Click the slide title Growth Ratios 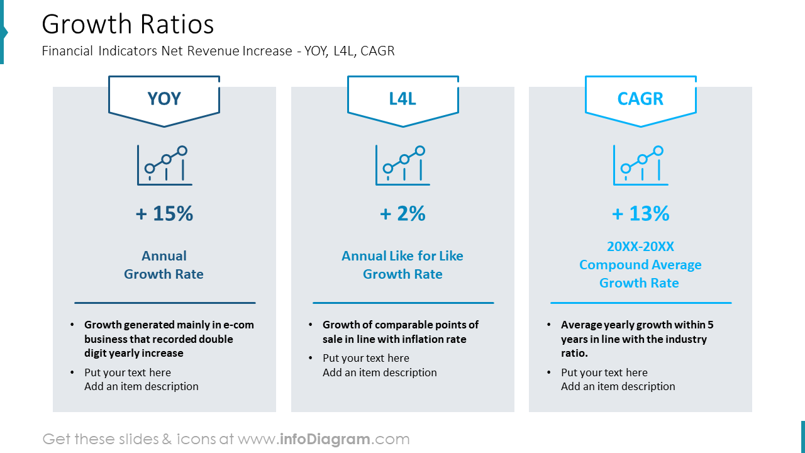pos(128,25)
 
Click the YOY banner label pos(164,99)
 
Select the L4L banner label pos(402,99)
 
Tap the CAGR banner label pos(640,99)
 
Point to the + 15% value pos(164,214)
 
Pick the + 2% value pos(402,214)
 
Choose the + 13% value pos(640,214)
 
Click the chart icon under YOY pos(165,165)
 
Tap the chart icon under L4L pos(402,165)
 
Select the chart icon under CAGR pos(640,165)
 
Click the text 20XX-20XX pos(640,247)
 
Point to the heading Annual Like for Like pos(402,256)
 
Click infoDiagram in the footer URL pos(325,439)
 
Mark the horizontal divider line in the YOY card pos(165,303)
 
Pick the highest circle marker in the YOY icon pos(182,150)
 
